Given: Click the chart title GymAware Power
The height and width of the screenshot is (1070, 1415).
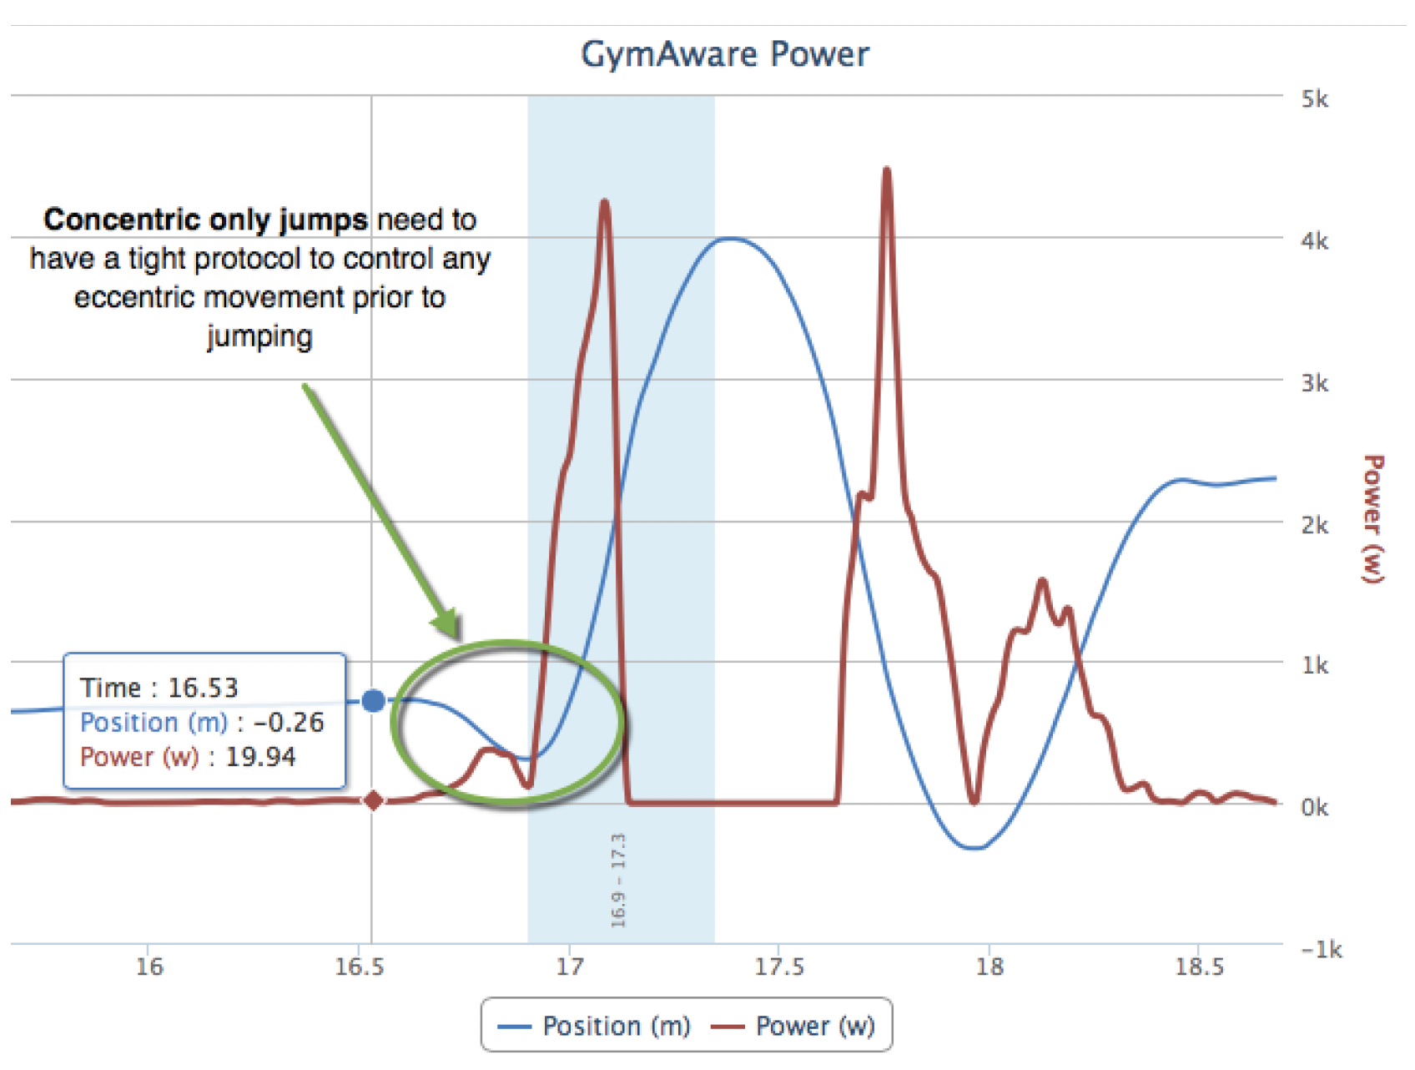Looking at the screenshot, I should click(x=724, y=55).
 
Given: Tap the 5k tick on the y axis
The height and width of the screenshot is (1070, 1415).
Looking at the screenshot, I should click(x=1314, y=99).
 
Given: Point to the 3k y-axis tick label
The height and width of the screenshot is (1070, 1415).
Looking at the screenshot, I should click(x=1314, y=383).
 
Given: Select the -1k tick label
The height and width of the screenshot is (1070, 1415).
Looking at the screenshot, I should click(x=1320, y=950).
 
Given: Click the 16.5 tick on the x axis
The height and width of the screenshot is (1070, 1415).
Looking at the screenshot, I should click(x=360, y=967).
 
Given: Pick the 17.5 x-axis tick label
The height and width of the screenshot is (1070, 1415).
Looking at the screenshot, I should click(x=779, y=967).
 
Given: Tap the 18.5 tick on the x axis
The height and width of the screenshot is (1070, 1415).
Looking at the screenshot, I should click(x=1199, y=967).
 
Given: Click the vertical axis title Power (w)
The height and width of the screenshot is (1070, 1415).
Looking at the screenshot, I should click(x=1372, y=518).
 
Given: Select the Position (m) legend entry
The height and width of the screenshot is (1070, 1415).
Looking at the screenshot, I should click(x=594, y=1026).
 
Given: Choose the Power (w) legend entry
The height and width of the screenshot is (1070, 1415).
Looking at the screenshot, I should click(x=793, y=1026).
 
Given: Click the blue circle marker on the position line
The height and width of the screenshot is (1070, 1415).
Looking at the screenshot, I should click(x=374, y=700).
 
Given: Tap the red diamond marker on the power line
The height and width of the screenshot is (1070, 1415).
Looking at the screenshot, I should click(x=374, y=800).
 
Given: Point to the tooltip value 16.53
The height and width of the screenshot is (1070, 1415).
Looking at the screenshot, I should click(x=203, y=688).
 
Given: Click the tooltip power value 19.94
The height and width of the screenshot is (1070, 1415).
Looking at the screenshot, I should click(x=260, y=757).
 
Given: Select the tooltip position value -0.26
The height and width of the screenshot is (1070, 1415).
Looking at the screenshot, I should click(x=289, y=723).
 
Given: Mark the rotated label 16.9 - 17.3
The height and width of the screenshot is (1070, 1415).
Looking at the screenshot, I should click(x=618, y=881).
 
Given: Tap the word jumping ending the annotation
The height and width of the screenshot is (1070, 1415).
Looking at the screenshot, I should click(x=259, y=336).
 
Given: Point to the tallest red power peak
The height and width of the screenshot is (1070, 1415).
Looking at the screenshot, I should click(x=887, y=170).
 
